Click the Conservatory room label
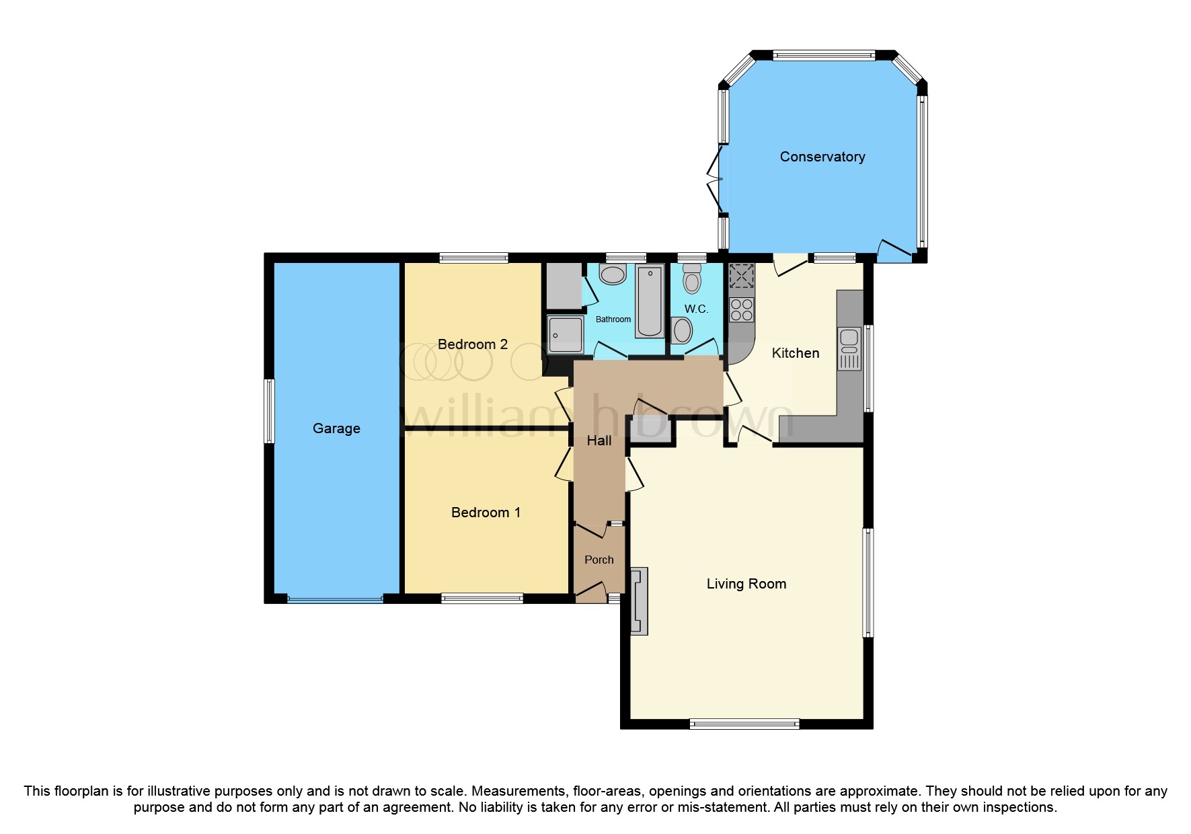[x=822, y=157]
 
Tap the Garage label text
[x=336, y=428]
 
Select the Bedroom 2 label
[x=472, y=344]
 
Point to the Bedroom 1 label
[x=486, y=513]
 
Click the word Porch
[x=599, y=560]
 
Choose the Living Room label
[x=746, y=584]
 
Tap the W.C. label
[x=696, y=309]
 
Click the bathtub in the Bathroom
[x=650, y=301]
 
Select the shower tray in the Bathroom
[x=565, y=334]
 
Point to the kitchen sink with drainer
[x=849, y=348]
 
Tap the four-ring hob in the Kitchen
[x=742, y=310]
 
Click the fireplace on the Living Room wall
[x=639, y=601]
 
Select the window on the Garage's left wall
[x=269, y=411]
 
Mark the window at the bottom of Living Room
[x=744, y=724]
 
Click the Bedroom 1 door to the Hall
[x=564, y=465]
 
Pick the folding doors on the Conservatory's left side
[x=715, y=180]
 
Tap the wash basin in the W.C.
[x=682, y=331]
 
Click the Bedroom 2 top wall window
[x=473, y=258]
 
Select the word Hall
[x=599, y=441]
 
